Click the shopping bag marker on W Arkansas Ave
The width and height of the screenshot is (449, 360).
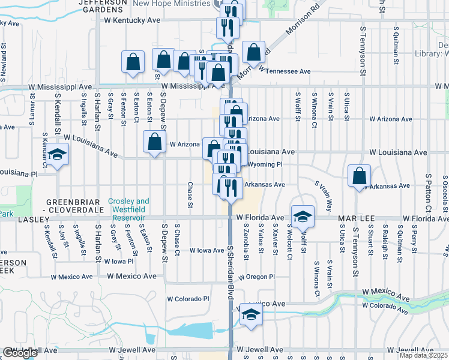point(359,177)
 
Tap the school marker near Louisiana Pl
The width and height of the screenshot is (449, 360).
point(58,155)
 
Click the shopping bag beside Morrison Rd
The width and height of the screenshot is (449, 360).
point(253,52)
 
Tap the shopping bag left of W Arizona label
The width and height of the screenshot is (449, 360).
point(154,142)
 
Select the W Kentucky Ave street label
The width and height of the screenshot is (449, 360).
point(132,20)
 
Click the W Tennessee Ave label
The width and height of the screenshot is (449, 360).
point(285,71)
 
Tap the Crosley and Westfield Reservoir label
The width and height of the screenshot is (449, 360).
point(129,206)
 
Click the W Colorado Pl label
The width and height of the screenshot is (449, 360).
point(187,298)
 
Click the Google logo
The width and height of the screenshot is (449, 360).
point(20,353)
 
